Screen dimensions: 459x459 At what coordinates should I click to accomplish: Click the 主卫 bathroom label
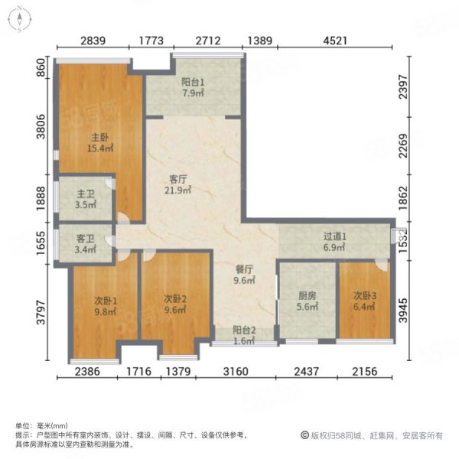coord(85,194)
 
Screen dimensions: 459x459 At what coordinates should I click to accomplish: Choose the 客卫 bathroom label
coord(85,239)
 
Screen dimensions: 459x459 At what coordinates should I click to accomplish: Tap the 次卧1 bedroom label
coord(105,301)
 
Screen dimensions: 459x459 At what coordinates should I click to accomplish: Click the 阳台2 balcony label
coord(245,330)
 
